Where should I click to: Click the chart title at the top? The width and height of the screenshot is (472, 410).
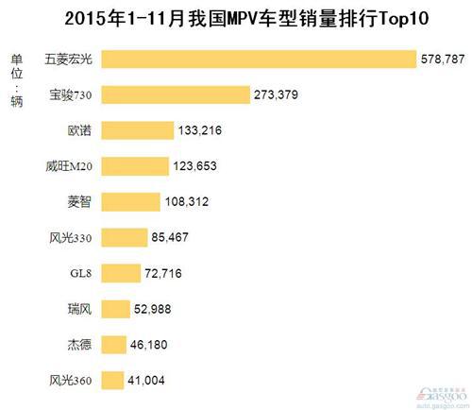coord(236,18)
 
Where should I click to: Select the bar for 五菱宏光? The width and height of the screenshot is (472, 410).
coord(259,59)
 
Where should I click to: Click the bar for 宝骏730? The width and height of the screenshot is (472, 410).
coord(175,94)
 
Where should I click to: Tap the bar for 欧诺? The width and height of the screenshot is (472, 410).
coord(137,130)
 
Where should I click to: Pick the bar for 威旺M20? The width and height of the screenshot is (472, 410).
coord(134,166)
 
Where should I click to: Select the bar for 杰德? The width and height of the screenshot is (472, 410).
coord(112,345)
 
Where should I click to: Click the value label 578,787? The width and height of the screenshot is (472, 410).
coord(443,60)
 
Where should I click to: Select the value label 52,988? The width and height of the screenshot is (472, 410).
coord(156,309)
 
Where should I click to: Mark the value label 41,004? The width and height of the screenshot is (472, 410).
coord(150,381)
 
